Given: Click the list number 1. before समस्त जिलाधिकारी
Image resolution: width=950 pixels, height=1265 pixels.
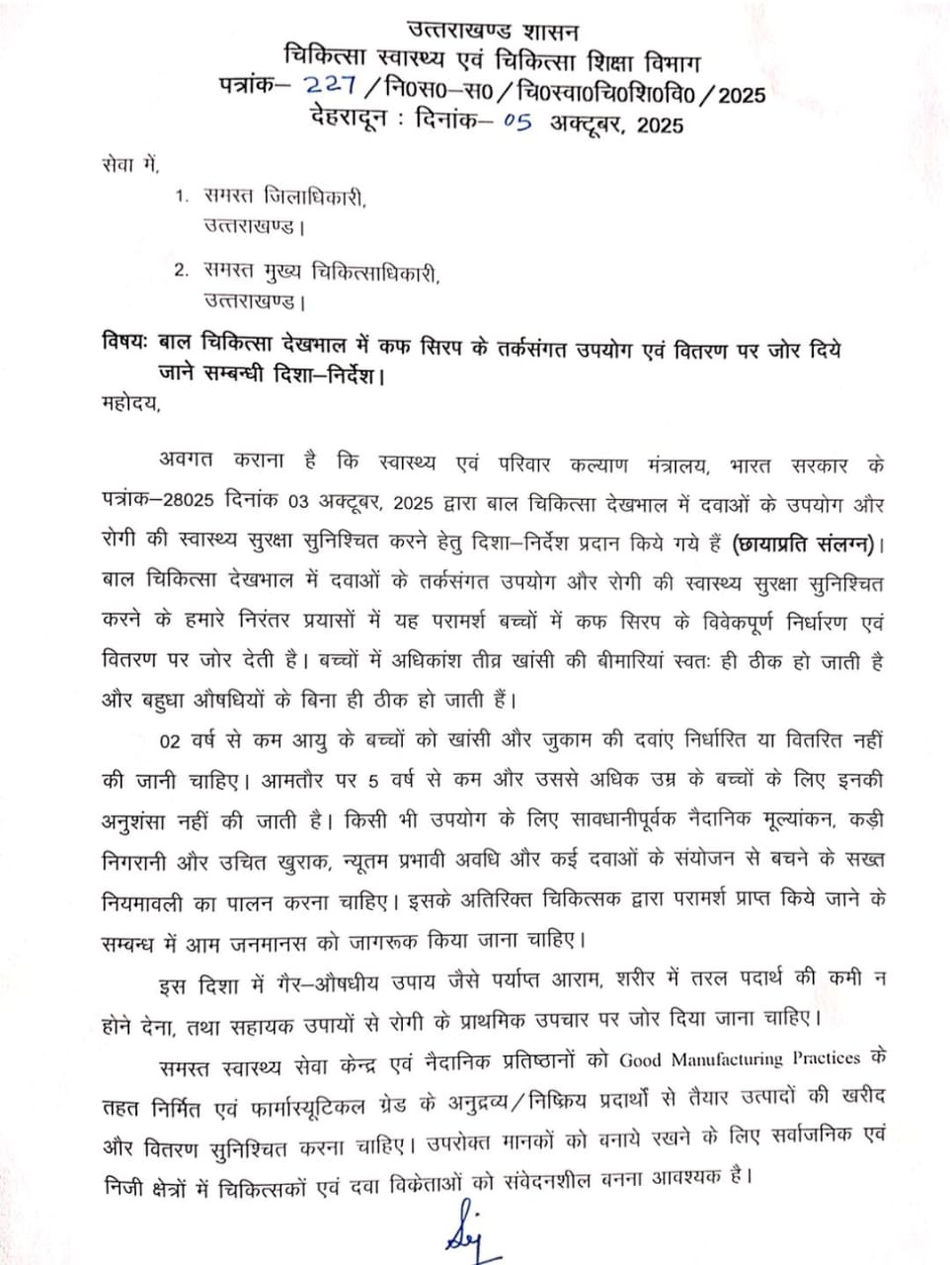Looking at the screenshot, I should (181, 197).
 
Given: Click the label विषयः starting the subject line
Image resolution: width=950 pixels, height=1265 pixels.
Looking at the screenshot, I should (124, 349).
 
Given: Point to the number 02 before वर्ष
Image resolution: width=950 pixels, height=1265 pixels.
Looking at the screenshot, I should (169, 739).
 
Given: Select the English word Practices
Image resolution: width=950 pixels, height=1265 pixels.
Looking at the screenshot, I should (827, 1058).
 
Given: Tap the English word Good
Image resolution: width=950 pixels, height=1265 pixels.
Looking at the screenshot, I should (640, 1059).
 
